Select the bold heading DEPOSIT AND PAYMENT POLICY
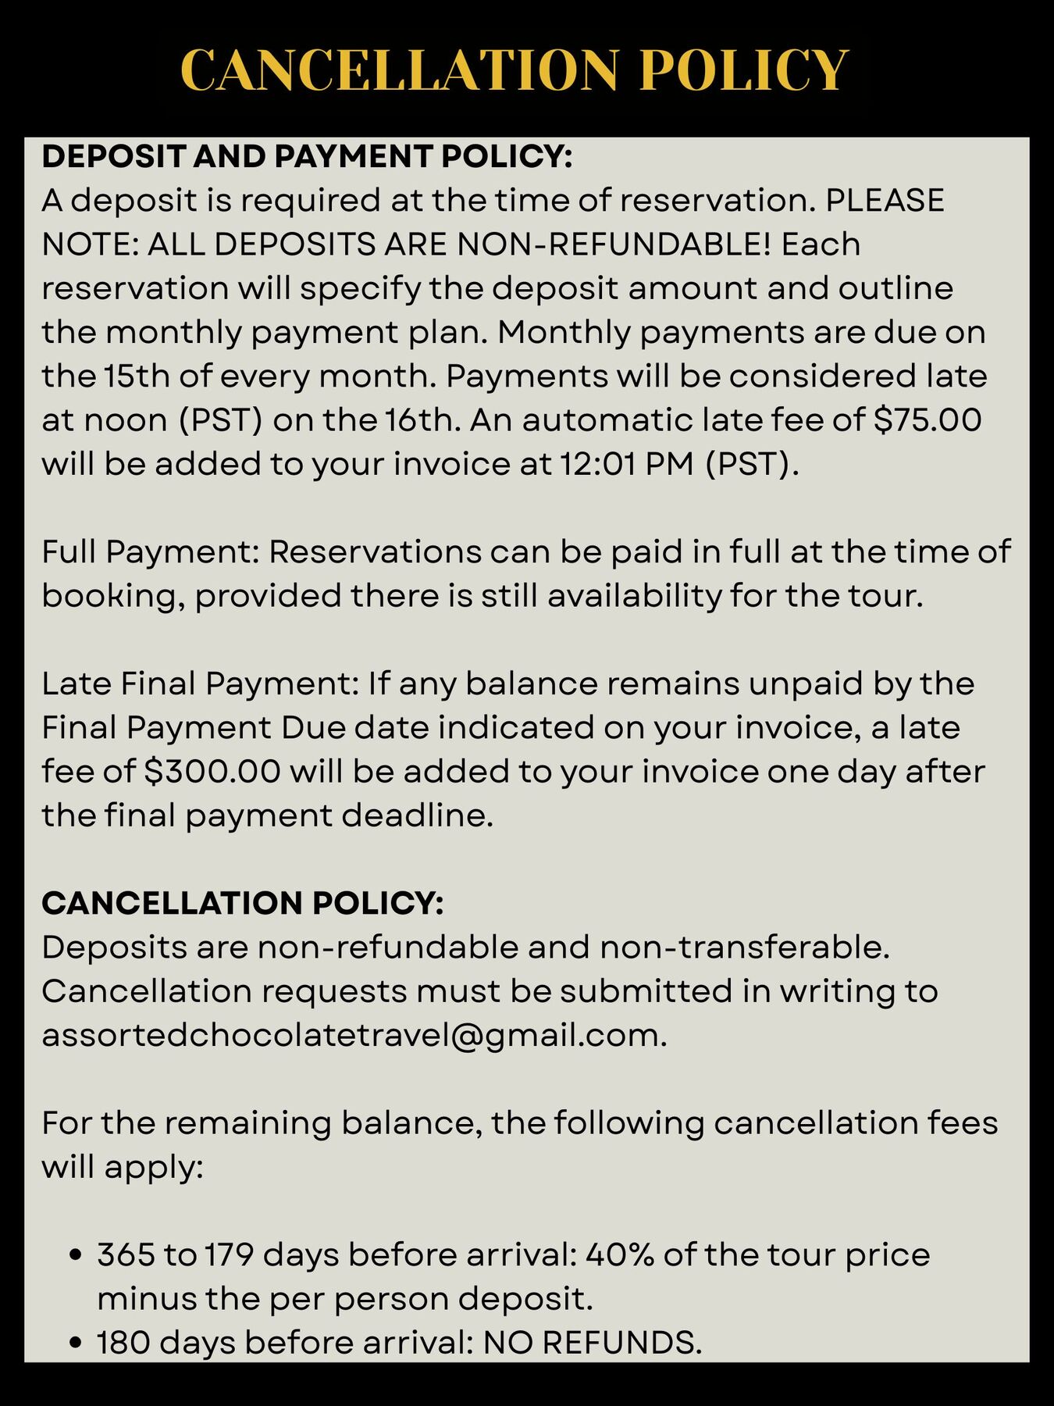tap(307, 156)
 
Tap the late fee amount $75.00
tap(927, 420)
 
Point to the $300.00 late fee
tap(212, 772)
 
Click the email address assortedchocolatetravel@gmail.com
tap(354, 1035)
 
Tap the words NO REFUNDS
tap(593, 1343)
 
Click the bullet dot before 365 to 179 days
tap(76, 1255)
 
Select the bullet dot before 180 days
tap(76, 1343)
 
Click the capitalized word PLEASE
tap(885, 201)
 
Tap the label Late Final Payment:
tap(200, 683)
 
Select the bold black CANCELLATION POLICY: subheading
tap(242, 904)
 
